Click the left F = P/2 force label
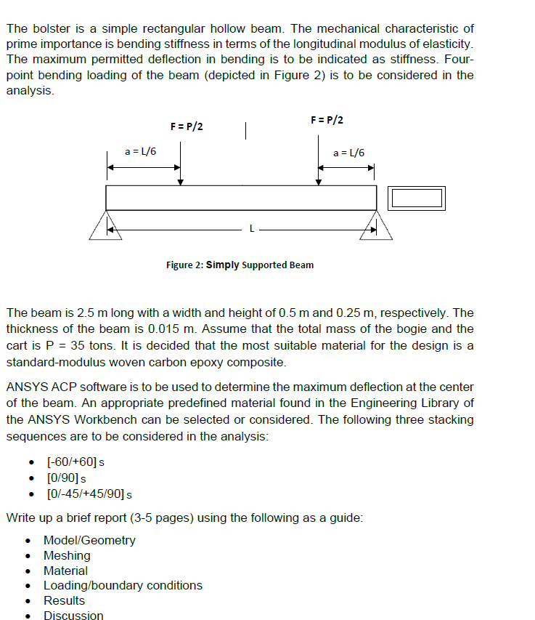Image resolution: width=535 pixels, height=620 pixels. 187,126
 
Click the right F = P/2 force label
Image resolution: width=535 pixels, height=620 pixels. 327,120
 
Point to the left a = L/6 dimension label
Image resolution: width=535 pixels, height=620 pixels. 140,151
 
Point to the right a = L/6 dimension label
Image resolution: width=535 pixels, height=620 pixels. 348,153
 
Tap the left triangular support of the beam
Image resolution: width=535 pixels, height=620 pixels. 106,225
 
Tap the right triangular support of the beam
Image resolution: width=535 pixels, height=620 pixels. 377,225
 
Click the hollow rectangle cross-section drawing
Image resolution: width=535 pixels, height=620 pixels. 416,198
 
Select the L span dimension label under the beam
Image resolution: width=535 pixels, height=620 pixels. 251,228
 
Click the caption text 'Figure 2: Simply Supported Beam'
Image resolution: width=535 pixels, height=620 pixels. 240,265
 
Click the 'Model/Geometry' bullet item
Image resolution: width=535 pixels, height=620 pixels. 89,540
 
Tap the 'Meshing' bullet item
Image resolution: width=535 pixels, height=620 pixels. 67,555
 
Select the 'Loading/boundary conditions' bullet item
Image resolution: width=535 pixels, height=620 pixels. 123,585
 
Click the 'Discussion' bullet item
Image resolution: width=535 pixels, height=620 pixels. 73,616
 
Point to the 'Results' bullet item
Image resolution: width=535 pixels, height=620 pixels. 64,600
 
